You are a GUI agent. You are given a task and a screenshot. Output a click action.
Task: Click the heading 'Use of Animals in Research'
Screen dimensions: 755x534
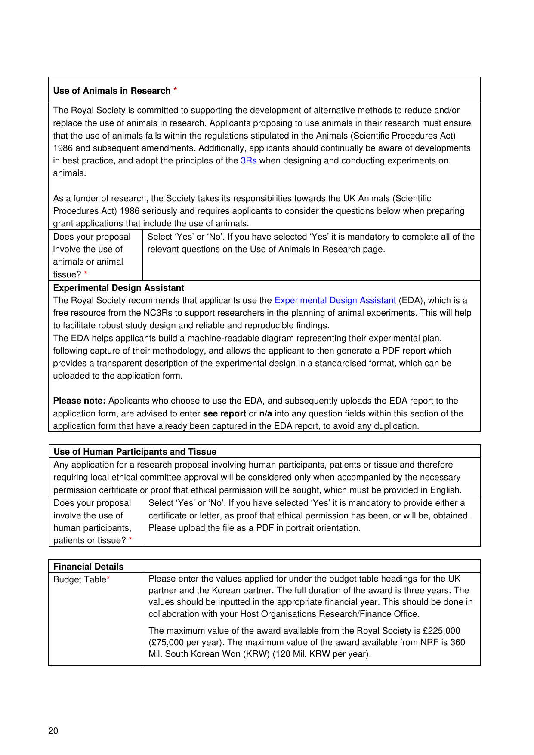click(112, 91)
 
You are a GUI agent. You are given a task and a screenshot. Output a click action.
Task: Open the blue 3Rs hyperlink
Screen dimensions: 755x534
click(249, 161)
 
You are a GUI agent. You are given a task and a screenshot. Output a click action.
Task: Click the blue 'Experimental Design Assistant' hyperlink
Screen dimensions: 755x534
click(335, 301)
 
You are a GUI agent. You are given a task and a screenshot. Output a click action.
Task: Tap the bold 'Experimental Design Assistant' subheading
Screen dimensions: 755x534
click(118, 288)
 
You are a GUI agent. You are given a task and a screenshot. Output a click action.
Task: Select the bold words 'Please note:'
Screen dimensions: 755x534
click(79, 401)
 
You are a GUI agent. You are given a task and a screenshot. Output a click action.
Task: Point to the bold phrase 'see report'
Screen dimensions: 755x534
click(224, 414)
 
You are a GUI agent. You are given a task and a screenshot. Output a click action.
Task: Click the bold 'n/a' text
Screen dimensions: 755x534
click(265, 414)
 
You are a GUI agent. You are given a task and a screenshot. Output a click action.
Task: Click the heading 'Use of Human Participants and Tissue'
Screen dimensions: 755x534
click(135, 452)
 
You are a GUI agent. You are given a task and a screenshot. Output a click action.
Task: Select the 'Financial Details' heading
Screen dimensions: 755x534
click(88, 567)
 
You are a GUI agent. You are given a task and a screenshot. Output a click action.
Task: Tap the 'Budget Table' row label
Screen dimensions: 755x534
click(80, 579)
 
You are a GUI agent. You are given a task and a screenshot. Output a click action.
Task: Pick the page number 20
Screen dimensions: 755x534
click(53, 731)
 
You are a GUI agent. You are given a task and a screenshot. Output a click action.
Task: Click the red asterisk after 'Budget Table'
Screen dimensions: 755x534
click(108, 579)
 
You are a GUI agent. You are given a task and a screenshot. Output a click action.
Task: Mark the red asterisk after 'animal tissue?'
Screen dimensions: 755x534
click(86, 274)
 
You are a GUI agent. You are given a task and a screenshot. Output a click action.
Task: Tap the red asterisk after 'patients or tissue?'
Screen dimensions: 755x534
click(130, 539)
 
